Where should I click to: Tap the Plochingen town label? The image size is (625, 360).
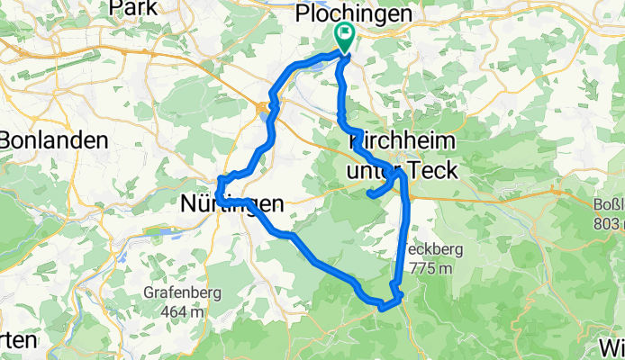pos(355,14)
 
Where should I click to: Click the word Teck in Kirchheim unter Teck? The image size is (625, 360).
pos(431,169)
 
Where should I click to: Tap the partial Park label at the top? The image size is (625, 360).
pos(132,7)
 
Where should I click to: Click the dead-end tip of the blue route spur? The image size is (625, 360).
pos(369,193)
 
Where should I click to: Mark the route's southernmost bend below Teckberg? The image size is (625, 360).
pos(382,308)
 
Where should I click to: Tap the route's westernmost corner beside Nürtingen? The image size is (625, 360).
pos(217,191)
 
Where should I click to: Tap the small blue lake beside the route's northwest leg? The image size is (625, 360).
pos(262,111)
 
